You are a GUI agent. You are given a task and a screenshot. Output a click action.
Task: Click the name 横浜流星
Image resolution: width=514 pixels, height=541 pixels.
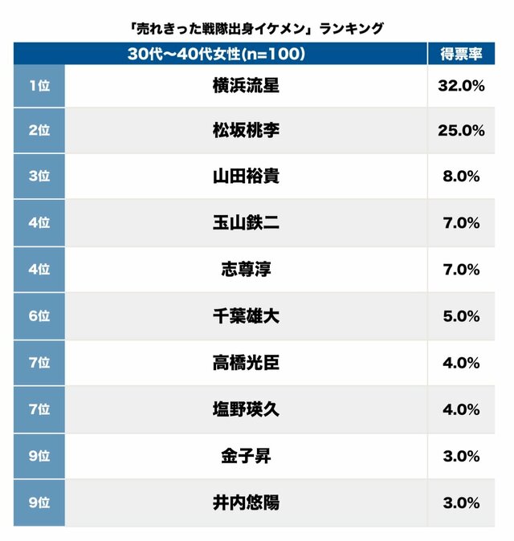pos(246,85)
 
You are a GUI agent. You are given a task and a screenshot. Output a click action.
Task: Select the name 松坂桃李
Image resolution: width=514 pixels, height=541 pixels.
pos(246,131)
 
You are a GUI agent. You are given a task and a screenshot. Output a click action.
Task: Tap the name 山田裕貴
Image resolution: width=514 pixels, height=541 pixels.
pos(246,177)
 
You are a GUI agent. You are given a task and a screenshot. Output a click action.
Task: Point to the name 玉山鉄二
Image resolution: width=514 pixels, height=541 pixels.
pos(246,223)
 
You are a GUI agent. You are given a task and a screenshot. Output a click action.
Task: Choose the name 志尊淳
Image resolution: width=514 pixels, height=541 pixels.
pos(246,269)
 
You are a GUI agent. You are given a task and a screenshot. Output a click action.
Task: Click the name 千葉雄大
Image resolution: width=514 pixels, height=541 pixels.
pos(246,315)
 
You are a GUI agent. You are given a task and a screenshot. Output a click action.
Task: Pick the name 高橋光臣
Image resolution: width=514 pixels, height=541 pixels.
pos(246,362)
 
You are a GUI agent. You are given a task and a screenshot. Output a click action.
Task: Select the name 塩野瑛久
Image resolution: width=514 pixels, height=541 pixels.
pos(246,409)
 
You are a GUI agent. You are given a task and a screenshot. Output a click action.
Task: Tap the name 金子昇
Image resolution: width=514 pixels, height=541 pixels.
pos(246,456)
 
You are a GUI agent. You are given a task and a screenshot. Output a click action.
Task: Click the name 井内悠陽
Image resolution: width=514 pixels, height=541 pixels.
pos(246,503)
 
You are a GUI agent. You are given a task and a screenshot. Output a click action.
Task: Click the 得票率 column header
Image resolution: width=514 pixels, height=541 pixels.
pos(461,54)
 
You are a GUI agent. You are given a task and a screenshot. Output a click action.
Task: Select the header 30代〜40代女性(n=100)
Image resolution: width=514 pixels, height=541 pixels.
pos(219,54)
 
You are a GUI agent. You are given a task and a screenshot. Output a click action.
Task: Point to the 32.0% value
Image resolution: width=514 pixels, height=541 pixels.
pos(461,85)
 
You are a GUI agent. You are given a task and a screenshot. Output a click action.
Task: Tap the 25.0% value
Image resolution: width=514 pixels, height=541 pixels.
pos(461,131)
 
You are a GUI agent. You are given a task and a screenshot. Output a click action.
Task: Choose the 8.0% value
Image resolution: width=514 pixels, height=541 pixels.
pos(461,177)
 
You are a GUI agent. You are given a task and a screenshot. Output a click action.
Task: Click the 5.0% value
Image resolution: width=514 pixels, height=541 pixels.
pos(461,315)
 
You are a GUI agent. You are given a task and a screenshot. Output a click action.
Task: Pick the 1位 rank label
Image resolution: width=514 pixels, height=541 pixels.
pos(39,85)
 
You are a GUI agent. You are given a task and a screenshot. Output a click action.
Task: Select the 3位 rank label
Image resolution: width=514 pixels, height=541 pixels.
pos(39,177)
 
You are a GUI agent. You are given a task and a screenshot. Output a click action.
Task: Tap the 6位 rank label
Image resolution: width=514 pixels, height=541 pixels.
pos(39,315)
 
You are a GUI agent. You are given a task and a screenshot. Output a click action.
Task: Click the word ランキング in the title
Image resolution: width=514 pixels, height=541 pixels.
pos(351,28)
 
